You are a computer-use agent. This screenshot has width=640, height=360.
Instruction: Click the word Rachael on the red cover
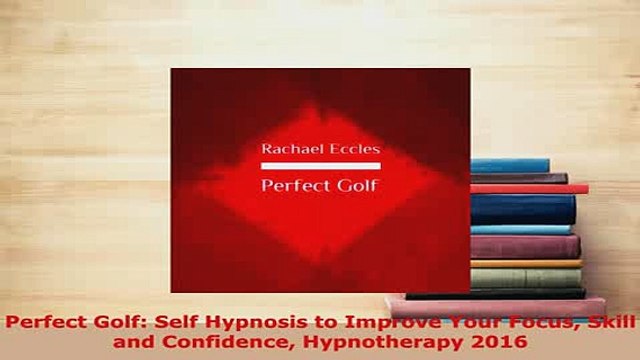(291, 150)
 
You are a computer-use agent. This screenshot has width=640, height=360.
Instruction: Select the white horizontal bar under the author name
(320, 165)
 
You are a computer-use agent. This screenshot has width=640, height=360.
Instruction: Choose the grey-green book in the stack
(524, 277)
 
